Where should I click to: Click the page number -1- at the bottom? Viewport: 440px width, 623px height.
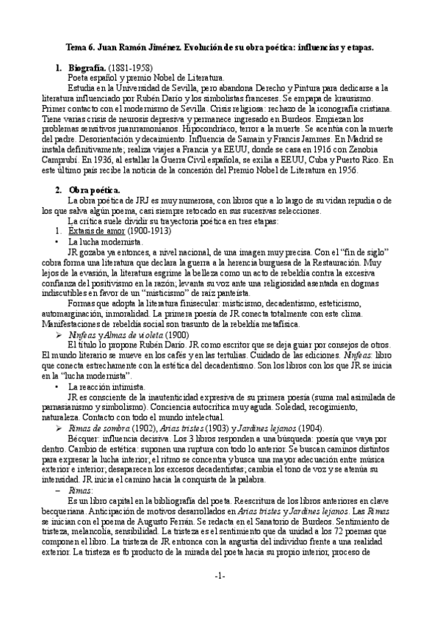pyautogui.click(x=220, y=597)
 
